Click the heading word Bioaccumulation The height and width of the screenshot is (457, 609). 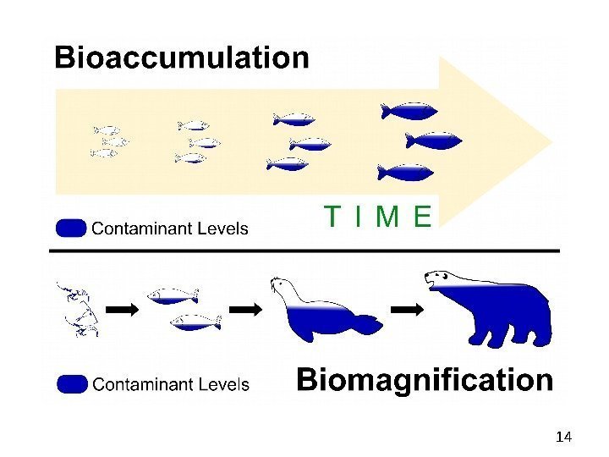(x=182, y=59)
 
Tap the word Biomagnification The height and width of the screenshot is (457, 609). (x=425, y=381)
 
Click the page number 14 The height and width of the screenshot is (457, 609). (x=564, y=437)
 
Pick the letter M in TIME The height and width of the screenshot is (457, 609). (x=387, y=218)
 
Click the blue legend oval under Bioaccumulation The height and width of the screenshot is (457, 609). (x=71, y=228)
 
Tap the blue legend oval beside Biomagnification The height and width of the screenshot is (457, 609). (x=72, y=384)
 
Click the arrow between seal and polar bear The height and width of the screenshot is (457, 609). (x=411, y=311)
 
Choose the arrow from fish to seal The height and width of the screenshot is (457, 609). (x=247, y=311)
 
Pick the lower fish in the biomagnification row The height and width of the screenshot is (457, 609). (x=195, y=322)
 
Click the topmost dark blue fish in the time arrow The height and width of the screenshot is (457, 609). (x=409, y=111)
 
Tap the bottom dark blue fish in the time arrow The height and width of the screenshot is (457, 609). (x=405, y=173)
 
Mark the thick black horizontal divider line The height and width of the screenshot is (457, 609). (x=304, y=251)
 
